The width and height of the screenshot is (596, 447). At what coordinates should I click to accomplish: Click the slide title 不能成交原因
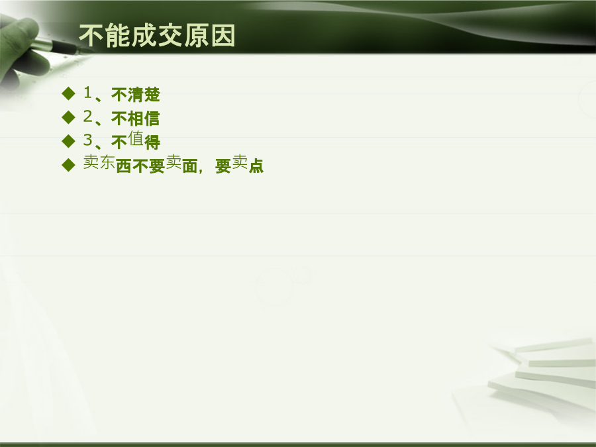click(x=157, y=35)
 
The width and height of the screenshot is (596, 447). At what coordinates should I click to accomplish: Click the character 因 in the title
click(x=223, y=35)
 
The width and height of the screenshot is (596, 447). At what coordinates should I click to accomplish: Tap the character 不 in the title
click(x=91, y=35)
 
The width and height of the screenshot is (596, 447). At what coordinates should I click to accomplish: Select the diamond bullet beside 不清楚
click(x=68, y=93)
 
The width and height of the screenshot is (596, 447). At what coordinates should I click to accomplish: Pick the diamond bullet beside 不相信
click(x=68, y=117)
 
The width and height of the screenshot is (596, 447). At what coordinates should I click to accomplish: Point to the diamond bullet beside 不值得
click(x=68, y=141)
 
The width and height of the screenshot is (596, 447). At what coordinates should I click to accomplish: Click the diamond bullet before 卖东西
click(x=68, y=165)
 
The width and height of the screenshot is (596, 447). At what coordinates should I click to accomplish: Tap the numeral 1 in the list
click(x=88, y=92)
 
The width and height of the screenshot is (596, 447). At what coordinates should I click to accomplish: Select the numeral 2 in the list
click(x=88, y=117)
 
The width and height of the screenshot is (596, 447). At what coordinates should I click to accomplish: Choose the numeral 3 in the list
click(x=88, y=140)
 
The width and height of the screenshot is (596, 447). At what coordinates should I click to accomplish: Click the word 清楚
click(x=144, y=95)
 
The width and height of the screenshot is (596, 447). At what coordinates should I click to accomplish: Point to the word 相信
click(x=144, y=119)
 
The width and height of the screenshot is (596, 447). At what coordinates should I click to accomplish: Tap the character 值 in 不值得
click(x=136, y=138)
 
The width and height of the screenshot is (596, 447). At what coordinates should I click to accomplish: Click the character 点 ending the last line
click(x=256, y=166)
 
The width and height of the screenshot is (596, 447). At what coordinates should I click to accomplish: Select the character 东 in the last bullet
click(x=107, y=162)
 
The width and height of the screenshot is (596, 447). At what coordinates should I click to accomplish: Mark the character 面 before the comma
click(x=189, y=166)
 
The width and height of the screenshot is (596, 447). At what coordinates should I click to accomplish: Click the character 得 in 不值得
click(x=152, y=142)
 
